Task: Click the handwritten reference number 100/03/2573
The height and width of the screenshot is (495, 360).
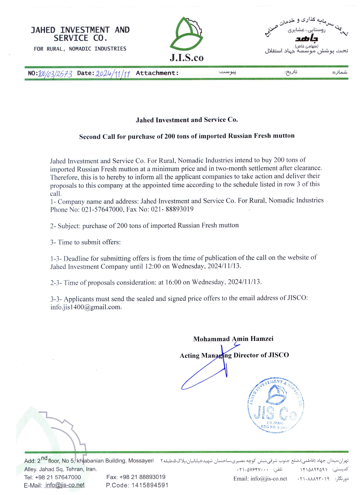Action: tap(55, 74)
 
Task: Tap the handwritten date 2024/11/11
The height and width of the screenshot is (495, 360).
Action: tap(113, 74)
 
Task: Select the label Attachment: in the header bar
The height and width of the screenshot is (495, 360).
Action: tap(157, 73)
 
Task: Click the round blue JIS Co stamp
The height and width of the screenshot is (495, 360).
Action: tap(276, 405)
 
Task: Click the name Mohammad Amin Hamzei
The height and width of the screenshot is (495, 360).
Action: tap(233, 339)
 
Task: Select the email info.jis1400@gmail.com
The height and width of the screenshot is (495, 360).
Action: tap(86, 307)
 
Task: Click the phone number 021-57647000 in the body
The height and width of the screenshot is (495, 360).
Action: tap(102, 209)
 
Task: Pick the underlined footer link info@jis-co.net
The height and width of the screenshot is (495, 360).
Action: tap(65, 485)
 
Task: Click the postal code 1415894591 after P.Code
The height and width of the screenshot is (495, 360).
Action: tap(150, 485)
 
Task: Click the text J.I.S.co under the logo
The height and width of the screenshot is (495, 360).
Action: tap(186, 58)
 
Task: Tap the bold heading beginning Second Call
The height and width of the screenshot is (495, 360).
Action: tap(187, 136)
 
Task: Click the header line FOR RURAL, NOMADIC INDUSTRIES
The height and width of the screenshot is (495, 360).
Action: tap(80, 49)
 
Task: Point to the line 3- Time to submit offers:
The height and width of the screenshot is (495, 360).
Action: tap(85, 242)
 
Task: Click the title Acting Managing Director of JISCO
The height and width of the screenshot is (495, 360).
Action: tap(234, 355)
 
